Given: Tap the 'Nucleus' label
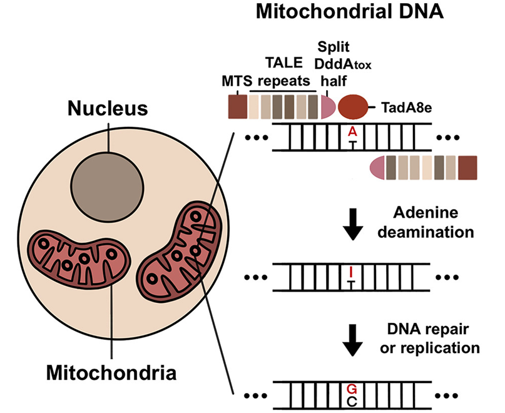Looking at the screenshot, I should [x=108, y=108].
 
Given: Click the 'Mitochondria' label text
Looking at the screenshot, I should [x=111, y=374].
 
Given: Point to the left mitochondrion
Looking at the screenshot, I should [x=79, y=258].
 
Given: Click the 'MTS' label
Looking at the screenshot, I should [x=236, y=82].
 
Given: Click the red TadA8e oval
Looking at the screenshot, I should [x=354, y=107].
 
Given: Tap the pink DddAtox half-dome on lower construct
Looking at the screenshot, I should [x=377, y=168].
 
